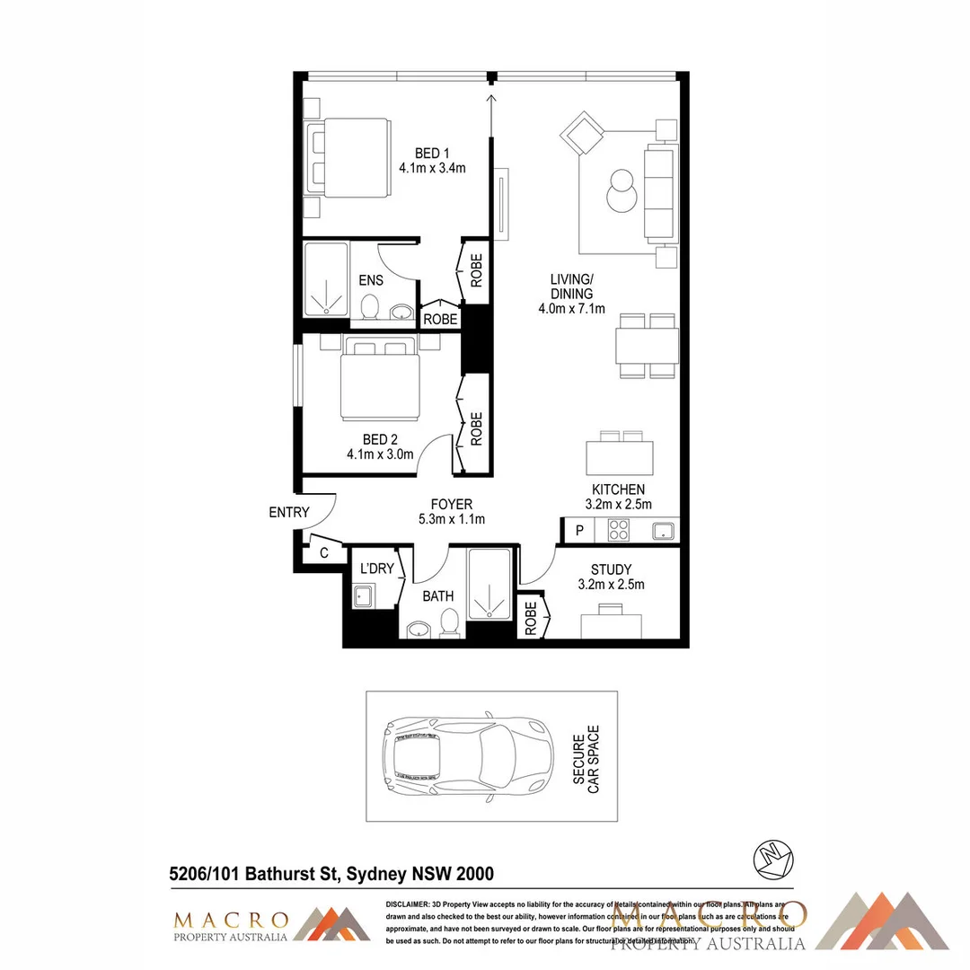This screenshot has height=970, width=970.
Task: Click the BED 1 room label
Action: (432, 152)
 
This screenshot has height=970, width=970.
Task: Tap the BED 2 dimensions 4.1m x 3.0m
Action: (380, 454)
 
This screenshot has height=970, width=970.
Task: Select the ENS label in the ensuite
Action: (371, 280)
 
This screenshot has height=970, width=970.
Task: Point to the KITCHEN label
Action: (618, 489)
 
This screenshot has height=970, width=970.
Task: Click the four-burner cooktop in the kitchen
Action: (618, 530)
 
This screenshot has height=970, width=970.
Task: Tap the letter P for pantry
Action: (579, 531)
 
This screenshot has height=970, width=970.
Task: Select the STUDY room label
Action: (611, 569)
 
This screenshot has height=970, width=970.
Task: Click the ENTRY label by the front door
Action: (289, 513)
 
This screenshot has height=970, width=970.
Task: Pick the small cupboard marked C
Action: (324, 553)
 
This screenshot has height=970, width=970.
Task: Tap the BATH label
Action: (438, 595)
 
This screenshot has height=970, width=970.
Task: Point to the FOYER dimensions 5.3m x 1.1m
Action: (451, 519)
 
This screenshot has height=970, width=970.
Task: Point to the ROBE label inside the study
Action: (530, 618)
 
